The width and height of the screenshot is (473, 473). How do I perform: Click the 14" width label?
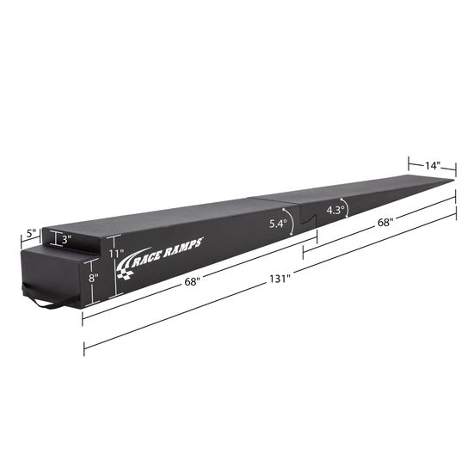click(431, 165)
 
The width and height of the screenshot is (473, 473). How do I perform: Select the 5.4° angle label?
click(277, 224)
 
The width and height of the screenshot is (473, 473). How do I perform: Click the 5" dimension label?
click(31, 234)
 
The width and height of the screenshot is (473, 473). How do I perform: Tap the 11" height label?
click(116, 255)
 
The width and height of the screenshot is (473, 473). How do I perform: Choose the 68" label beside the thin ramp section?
click(385, 223)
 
